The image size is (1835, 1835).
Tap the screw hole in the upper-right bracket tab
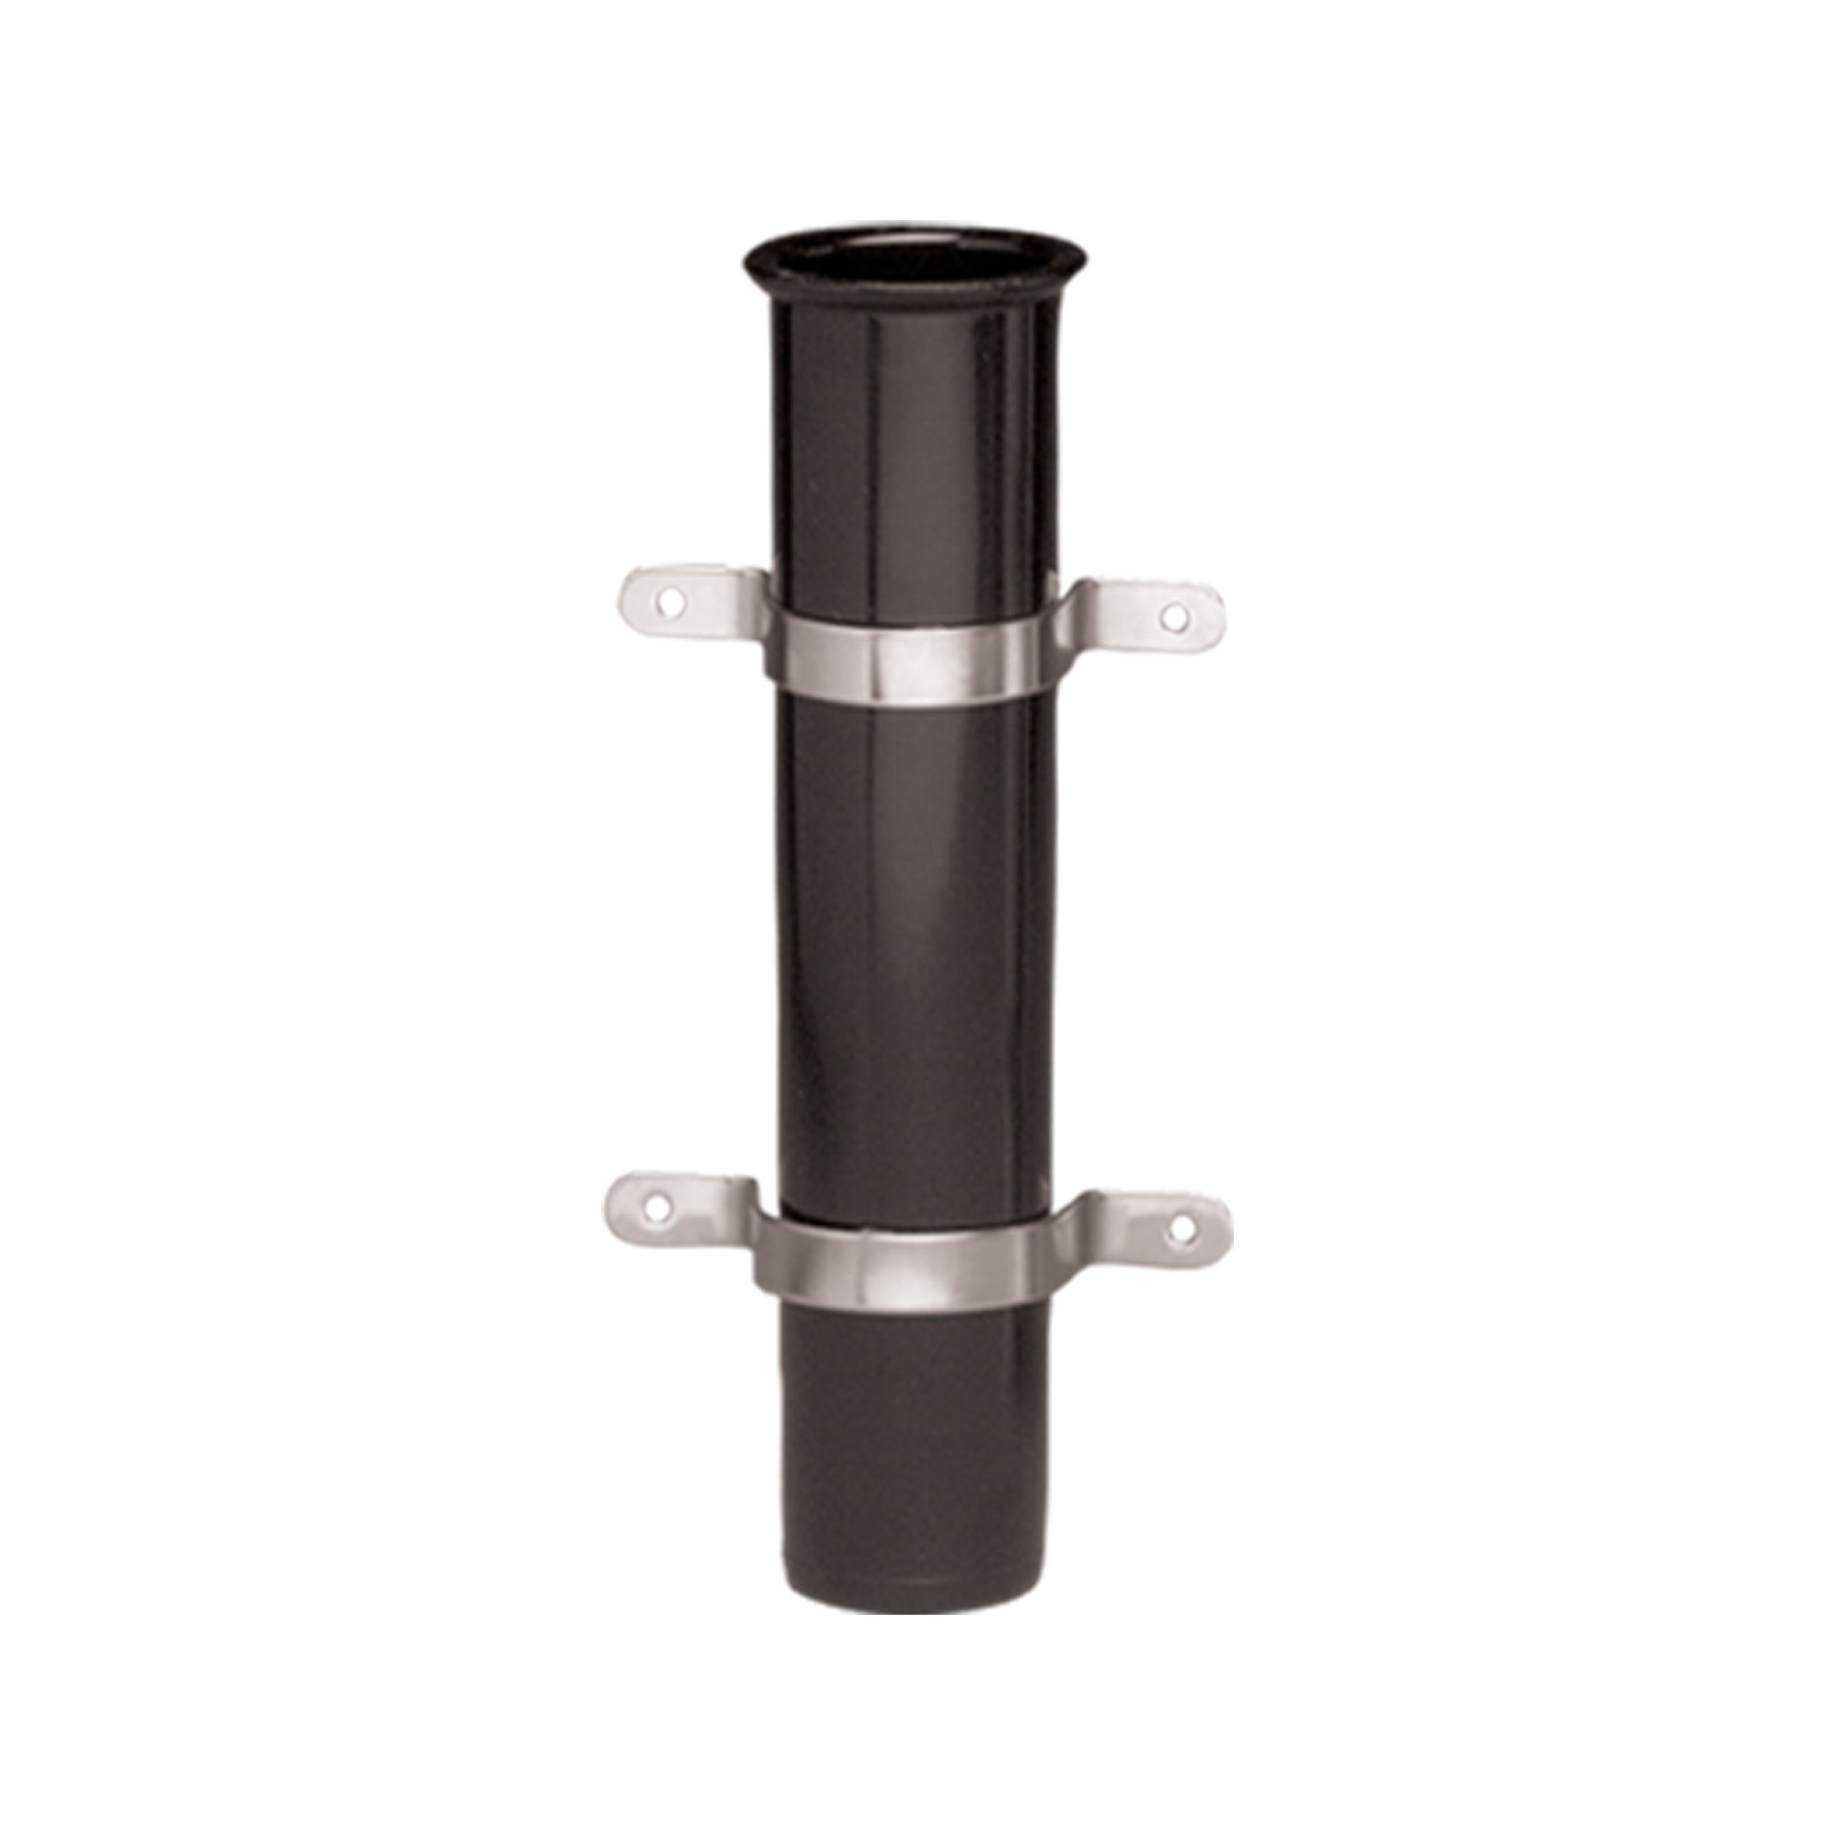coord(1175,617)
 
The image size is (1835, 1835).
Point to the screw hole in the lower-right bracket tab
coord(1182,1230)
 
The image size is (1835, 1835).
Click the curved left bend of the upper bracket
coord(760,608)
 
